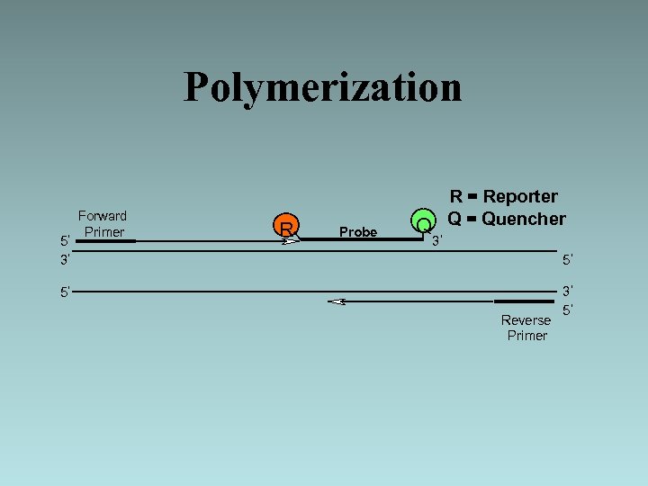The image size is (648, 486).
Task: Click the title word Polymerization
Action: click(322, 87)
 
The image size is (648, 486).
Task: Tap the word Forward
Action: click(103, 216)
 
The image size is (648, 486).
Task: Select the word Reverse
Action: click(526, 320)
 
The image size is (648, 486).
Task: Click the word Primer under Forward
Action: click(103, 232)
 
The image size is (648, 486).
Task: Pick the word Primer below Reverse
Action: click(526, 336)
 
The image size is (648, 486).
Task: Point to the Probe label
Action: click(357, 232)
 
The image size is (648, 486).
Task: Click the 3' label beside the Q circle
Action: click(437, 241)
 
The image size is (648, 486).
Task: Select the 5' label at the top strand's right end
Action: click(568, 261)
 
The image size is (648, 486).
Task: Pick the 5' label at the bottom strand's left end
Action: click(66, 292)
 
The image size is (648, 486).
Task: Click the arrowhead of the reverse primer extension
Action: click(337, 301)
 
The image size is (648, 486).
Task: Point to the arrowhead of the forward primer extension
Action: click(290, 241)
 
